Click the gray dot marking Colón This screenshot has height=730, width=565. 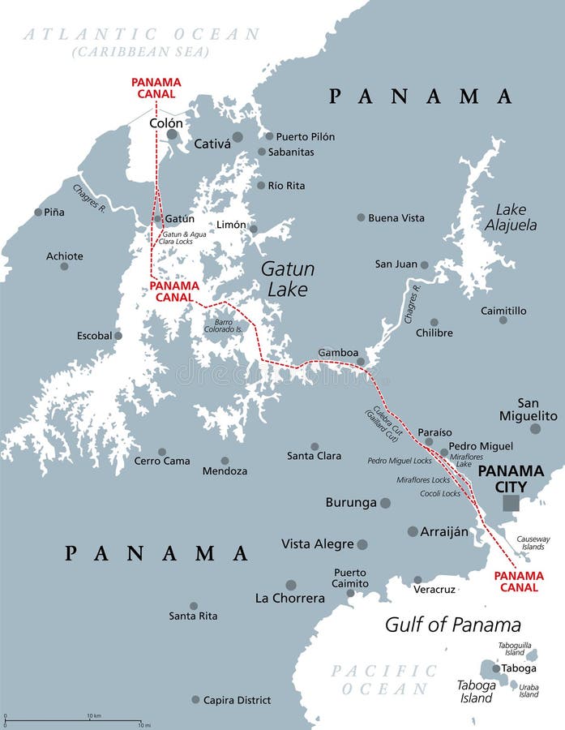point(172,135)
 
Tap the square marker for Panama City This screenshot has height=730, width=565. point(510,504)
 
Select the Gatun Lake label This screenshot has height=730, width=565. point(287,279)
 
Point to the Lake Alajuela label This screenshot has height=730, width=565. point(511,217)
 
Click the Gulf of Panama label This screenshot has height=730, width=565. point(452,625)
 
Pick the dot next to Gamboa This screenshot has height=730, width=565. point(361,361)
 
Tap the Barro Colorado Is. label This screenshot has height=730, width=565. point(224,326)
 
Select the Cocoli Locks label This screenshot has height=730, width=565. point(440,493)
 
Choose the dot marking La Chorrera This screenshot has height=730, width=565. point(291,585)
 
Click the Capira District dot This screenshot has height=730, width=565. point(195,699)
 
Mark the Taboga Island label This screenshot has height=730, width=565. point(475,691)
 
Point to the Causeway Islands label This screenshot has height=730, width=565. point(533,543)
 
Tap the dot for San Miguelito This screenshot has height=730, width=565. point(535,428)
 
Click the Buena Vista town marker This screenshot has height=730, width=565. point(361,217)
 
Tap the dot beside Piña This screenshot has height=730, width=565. point(38,213)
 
